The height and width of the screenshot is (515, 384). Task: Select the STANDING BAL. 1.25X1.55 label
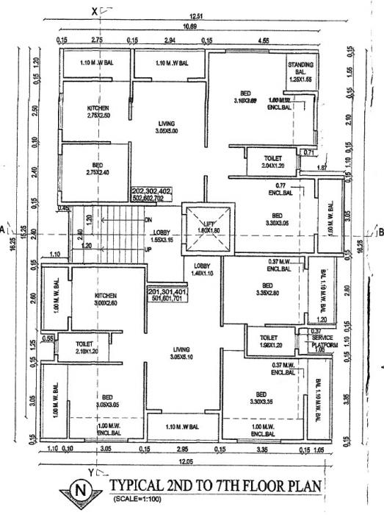(300, 71)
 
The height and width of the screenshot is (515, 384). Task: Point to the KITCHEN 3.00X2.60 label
(106, 298)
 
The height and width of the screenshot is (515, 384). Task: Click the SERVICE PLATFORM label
(322, 341)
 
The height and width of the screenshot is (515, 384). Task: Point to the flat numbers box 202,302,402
(152, 194)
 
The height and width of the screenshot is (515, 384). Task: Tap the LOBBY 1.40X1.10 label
(203, 269)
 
